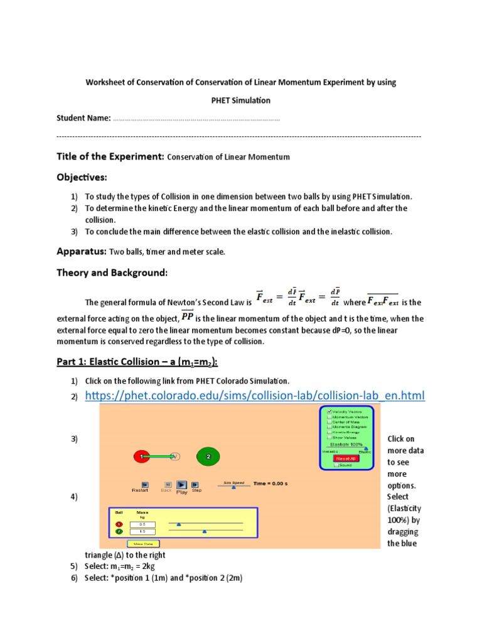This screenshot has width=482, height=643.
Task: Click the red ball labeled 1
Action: click(x=142, y=457)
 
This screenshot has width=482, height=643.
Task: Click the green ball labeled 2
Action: click(x=207, y=457)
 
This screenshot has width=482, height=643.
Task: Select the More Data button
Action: click(x=144, y=544)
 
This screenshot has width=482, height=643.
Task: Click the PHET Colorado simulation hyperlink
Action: click(x=254, y=395)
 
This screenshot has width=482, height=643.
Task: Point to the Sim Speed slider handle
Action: click(x=234, y=486)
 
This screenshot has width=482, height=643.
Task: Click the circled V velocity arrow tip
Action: click(x=175, y=457)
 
